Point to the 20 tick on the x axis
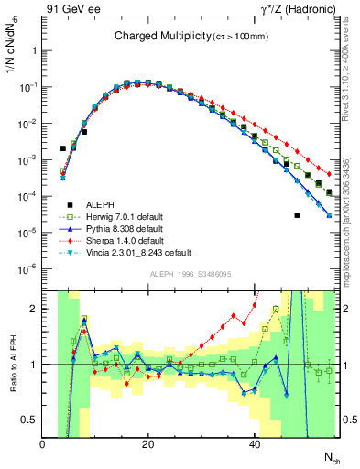148,443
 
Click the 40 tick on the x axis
255,443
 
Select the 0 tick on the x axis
42,443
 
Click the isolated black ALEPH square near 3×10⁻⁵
297,215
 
